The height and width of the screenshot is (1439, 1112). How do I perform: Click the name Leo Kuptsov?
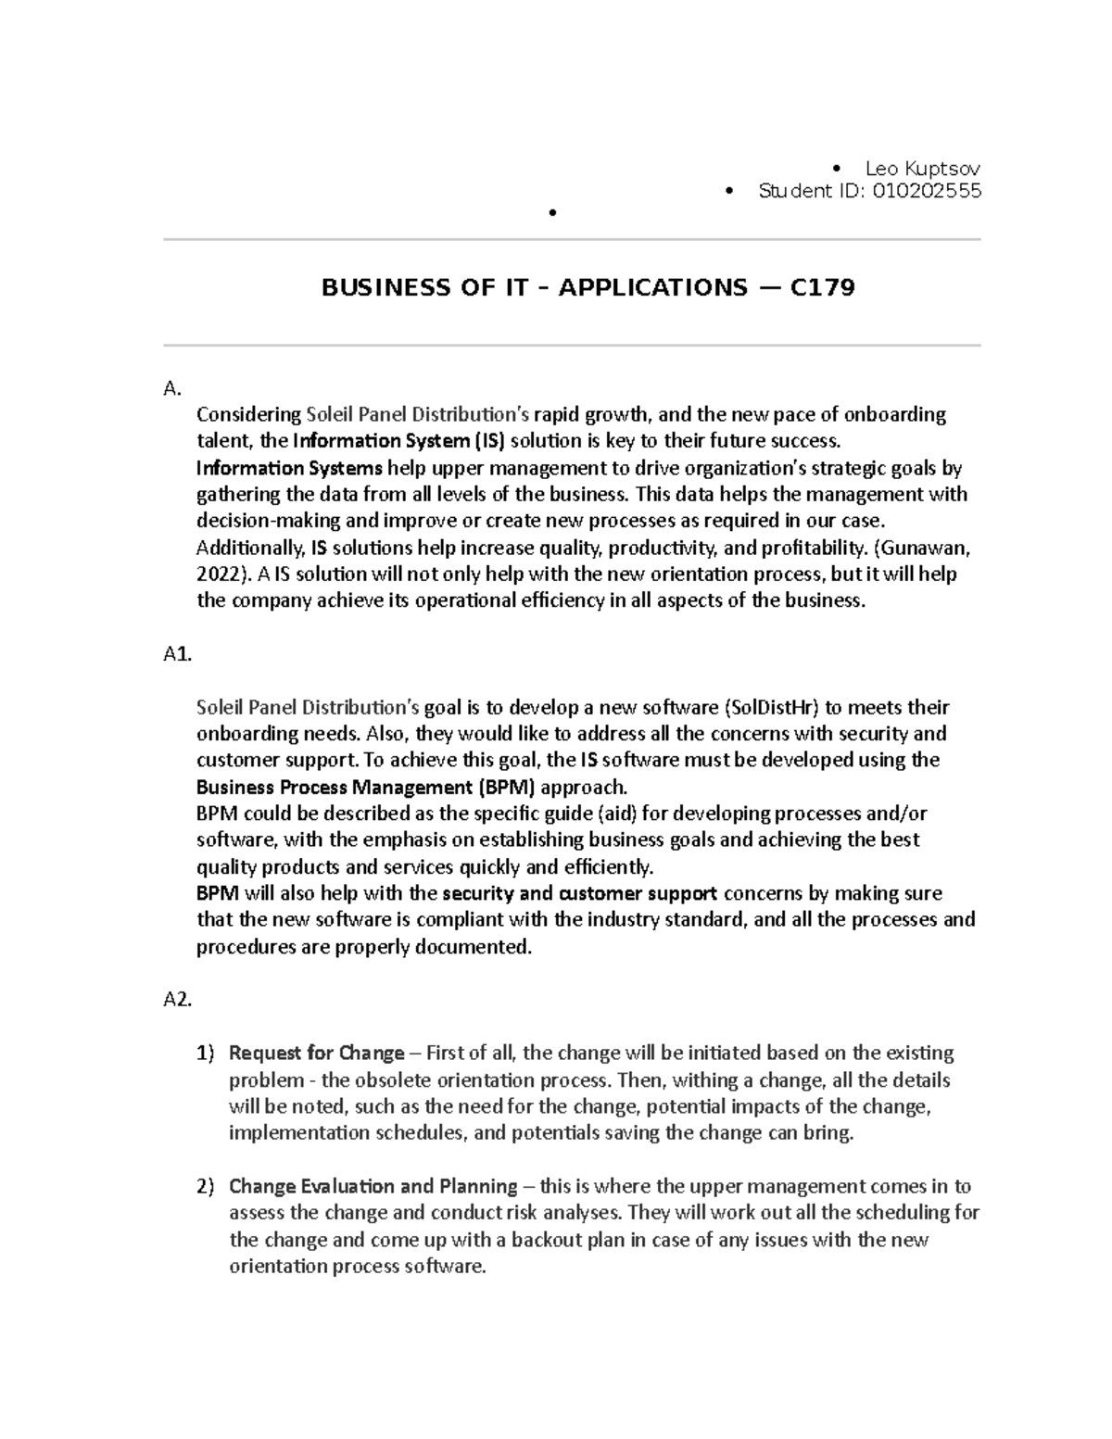point(921,169)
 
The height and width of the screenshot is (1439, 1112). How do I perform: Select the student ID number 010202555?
point(926,192)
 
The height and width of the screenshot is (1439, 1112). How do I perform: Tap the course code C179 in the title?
point(822,288)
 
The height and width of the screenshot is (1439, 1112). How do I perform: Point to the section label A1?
point(177,654)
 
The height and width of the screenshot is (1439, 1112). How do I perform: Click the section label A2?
point(177,999)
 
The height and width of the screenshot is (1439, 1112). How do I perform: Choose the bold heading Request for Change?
point(316,1054)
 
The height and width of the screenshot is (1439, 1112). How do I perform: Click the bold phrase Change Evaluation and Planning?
point(373,1187)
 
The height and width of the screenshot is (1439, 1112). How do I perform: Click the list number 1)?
point(205,1054)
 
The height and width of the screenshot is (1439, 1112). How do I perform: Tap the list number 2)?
point(205,1187)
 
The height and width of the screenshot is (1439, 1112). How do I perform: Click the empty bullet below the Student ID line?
point(551,214)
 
